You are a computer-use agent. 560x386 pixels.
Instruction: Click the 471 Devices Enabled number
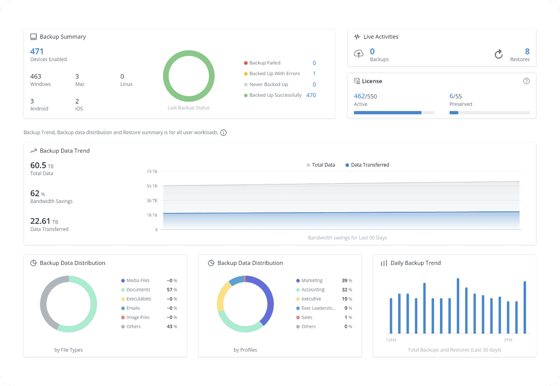pos(37,51)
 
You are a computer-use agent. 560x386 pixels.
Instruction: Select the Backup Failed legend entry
pos(264,63)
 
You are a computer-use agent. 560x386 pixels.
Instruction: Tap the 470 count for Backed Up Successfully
pos(311,95)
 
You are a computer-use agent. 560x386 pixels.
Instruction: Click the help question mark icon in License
pos(526,81)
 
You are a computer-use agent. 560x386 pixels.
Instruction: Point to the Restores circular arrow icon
pos(498,55)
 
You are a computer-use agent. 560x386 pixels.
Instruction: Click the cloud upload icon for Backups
pos(358,54)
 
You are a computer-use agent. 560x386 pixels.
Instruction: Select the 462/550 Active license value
pos(365,96)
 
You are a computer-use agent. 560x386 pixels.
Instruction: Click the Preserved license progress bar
pos(489,112)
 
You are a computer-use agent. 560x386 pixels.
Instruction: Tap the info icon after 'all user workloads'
pos(224,133)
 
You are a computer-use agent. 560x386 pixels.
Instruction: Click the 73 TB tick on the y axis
pos(152,171)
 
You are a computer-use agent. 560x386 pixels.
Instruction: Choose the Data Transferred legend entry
pos(370,165)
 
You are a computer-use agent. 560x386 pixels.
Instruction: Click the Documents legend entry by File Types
pos(138,290)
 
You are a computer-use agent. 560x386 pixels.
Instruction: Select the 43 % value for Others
pos(172,326)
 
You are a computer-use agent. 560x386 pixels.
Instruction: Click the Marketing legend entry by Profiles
pos(312,281)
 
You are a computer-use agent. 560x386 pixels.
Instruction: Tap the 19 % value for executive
pos(347,299)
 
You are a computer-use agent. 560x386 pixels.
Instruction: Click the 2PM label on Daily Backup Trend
pos(508,340)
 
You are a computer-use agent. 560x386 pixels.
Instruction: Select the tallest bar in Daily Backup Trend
pos(458,305)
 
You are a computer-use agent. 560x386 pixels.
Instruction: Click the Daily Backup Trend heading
pos(415,263)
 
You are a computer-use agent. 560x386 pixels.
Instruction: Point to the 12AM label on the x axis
pos(391,340)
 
